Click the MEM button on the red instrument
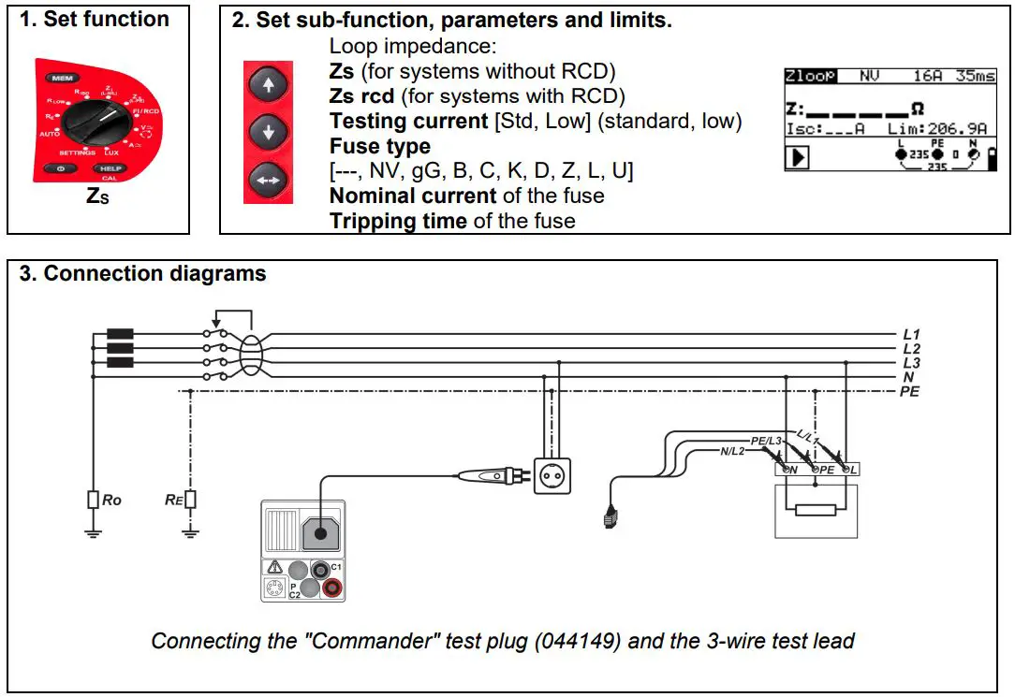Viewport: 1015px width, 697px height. pos(63,78)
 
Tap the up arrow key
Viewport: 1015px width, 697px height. pos(269,86)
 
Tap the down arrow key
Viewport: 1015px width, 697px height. pos(269,132)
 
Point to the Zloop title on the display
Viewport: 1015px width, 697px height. pos(811,76)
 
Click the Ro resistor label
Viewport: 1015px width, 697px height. pos(111,500)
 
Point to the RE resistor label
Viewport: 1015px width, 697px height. pos(172,500)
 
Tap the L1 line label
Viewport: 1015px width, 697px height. pos(911,334)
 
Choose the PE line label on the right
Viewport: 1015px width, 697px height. pos(909,391)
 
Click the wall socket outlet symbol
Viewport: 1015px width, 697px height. pos(552,475)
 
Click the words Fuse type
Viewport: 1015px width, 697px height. pos(379,147)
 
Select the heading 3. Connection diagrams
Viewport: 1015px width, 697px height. pos(142,274)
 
